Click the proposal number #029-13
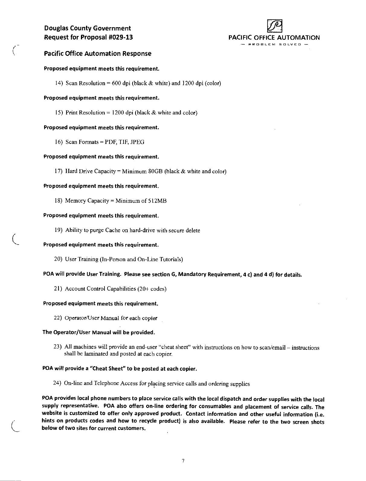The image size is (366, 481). [x=120, y=37]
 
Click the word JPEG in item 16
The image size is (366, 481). [x=137, y=142]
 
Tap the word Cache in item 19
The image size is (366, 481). [x=113, y=230]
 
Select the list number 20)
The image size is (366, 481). [x=58, y=259]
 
